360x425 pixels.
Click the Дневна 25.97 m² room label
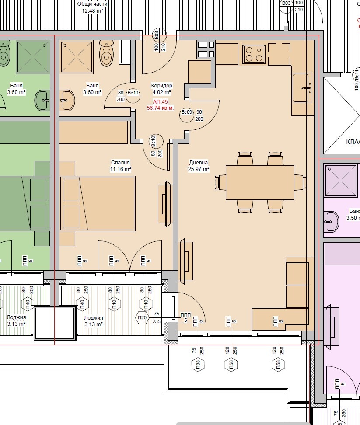coord(199,166)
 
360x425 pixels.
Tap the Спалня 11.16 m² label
coord(120,166)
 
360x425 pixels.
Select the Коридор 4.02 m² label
coord(161,89)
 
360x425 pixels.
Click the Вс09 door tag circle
coord(187,115)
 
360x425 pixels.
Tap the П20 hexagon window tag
coord(142,318)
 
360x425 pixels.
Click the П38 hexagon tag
coord(198,365)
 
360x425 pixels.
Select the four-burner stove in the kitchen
coord(254,54)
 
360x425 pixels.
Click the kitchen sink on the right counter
coord(302,87)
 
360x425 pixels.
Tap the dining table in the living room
coord(260,182)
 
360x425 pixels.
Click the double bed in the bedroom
coord(98,204)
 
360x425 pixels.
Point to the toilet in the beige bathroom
coord(106,53)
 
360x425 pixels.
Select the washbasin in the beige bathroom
coord(66,101)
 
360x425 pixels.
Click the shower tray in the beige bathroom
coord(77,57)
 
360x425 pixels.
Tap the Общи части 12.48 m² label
coord(92,7)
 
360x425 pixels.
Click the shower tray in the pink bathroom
coord(341,180)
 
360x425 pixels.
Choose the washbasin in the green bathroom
coord(43,100)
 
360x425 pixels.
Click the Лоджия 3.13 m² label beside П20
coord(93,321)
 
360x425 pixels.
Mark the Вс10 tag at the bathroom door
coord(133,96)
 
